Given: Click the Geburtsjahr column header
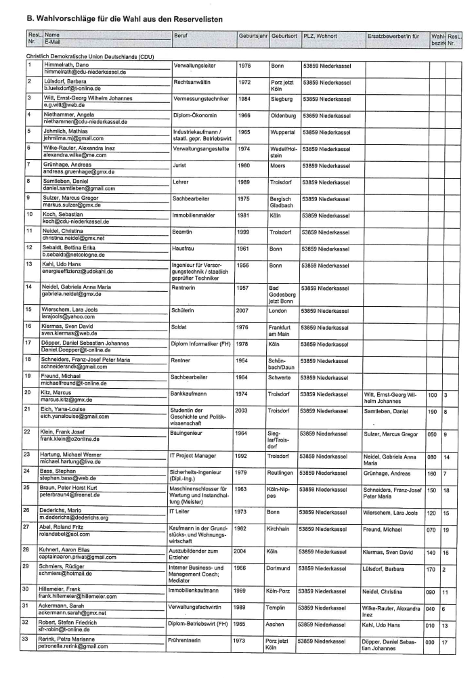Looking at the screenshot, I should click(x=253, y=34).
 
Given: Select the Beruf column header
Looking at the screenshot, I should click(x=181, y=34).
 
